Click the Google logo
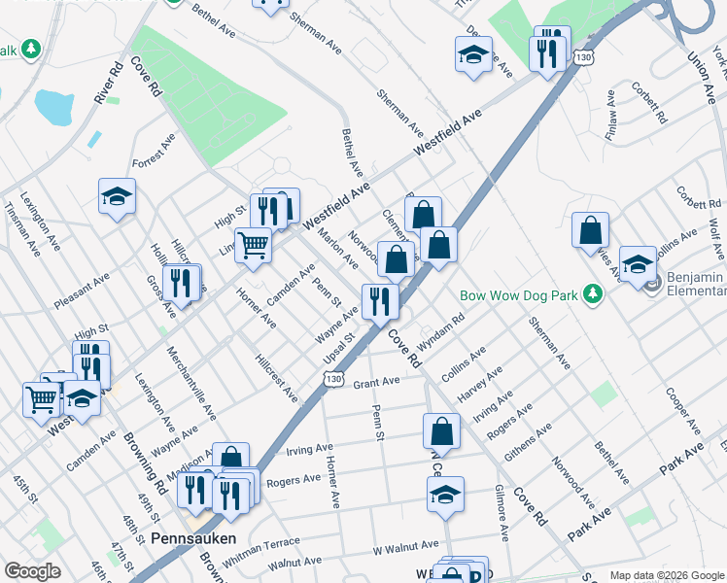(32, 571)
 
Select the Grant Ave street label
(376, 383)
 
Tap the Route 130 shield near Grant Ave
(333, 378)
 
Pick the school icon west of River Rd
(117, 196)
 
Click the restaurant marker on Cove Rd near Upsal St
(380, 301)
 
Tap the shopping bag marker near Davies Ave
(590, 230)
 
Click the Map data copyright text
(667, 575)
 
